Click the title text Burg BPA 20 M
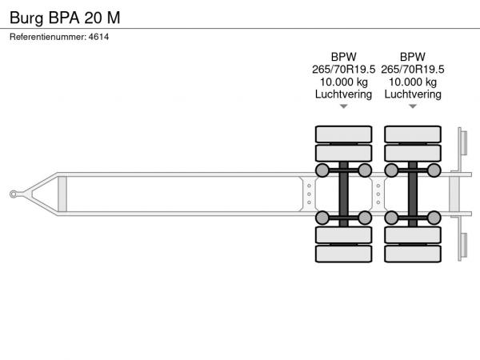click(65, 18)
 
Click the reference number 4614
click(98, 37)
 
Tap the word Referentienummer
click(48, 37)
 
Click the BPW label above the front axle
click(343, 57)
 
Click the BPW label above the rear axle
click(413, 57)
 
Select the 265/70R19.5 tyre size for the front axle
click(343, 70)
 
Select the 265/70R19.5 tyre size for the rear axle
click(413, 70)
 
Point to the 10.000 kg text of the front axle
click(343, 82)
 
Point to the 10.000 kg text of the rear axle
click(413, 82)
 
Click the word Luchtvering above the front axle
click(343, 94)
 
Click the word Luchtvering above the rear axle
click(413, 94)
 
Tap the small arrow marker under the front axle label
click(344, 106)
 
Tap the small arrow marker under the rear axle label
click(413, 106)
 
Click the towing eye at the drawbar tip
click(14, 194)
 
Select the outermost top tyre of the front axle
click(343, 134)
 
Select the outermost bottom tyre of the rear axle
click(413, 254)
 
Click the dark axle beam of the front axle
click(343, 194)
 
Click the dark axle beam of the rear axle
click(413, 194)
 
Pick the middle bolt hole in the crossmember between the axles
click(378, 194)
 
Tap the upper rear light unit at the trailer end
click(463, 142)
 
